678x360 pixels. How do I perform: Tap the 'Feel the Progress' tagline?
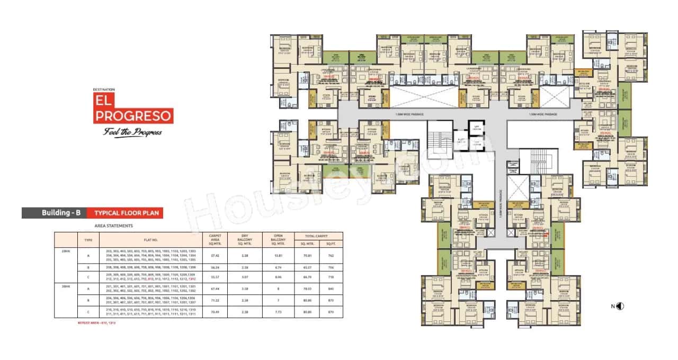pos(132,132)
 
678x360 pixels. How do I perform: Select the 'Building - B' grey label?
pos(53,213)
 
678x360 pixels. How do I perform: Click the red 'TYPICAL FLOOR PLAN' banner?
pos(124,213)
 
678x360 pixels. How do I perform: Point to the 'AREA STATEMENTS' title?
pos(113,226)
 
